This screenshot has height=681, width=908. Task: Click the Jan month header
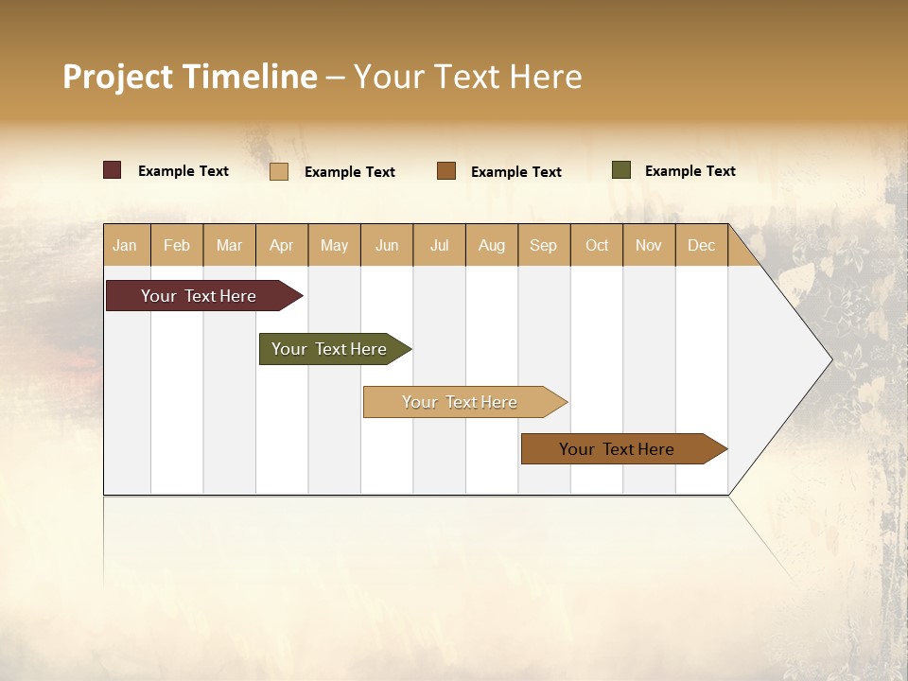126,245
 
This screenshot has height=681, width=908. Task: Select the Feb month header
177,245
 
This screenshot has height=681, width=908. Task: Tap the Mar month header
229,245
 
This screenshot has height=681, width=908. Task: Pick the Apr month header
282,245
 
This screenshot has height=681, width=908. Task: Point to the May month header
334,245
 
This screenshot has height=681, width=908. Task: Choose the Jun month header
387,245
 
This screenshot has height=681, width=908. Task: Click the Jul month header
439,245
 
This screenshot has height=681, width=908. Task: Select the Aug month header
492,245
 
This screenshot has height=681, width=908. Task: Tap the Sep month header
544,245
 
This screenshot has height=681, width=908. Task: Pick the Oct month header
597,245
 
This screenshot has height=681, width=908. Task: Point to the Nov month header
649,245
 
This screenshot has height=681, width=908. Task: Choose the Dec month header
702,245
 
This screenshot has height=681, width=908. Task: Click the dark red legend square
113,170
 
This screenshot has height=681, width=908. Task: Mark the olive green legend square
620,170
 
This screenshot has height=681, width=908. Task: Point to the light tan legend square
279,171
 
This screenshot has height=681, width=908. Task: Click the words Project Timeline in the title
190,77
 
